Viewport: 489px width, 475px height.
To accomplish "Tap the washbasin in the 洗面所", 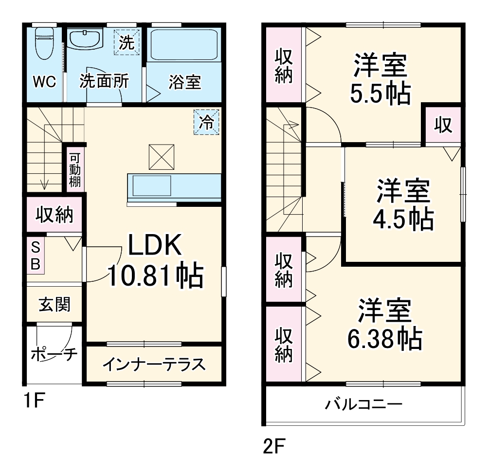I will pos(84,38).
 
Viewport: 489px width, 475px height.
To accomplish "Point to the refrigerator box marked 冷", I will pos(207,122).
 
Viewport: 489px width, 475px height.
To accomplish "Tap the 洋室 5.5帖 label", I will pos(380,80).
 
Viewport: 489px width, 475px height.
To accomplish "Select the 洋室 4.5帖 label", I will pos(403,204).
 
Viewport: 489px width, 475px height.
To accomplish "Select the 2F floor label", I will pos(274,446).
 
